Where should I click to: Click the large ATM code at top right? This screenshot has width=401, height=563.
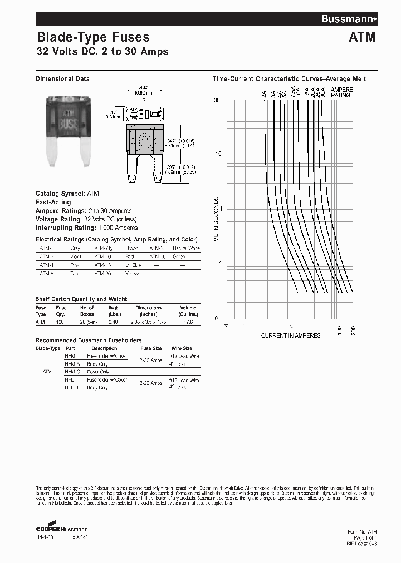click(362, 38)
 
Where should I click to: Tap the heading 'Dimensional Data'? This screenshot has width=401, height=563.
click(62, 79)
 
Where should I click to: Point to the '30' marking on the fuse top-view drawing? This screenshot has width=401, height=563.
click(143, 115)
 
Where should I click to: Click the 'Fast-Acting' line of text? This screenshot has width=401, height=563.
click(53, 203)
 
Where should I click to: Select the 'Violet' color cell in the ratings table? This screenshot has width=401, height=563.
click(76, 256)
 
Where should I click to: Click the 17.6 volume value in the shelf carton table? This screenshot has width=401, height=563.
click(188, 322)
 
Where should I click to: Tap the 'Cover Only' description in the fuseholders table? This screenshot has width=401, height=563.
click(98, 372)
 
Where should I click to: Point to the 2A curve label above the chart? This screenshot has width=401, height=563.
click(263, 93)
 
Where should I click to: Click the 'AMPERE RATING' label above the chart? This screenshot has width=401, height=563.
click(341, 92)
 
